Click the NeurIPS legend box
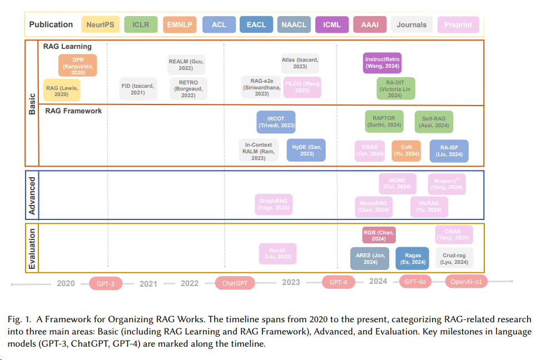click(x=100, y=24)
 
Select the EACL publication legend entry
click(x=256, y=24)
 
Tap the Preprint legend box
click(x=458, y=24)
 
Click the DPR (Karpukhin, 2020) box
click(x=78, y=65)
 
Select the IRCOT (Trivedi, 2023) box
click(x=276, y=122)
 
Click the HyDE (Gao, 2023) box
click(x=306, y=150)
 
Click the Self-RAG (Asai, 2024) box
click(x=434, y=122)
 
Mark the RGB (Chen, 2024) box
click(x=378, y=235)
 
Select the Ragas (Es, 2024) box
click(x=412, y=258)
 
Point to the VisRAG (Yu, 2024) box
click(x=429, y=206)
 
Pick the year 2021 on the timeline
click(x=148, y=283)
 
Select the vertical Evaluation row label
click(x=32, y=248)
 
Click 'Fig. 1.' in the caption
click(x=21, y=319)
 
